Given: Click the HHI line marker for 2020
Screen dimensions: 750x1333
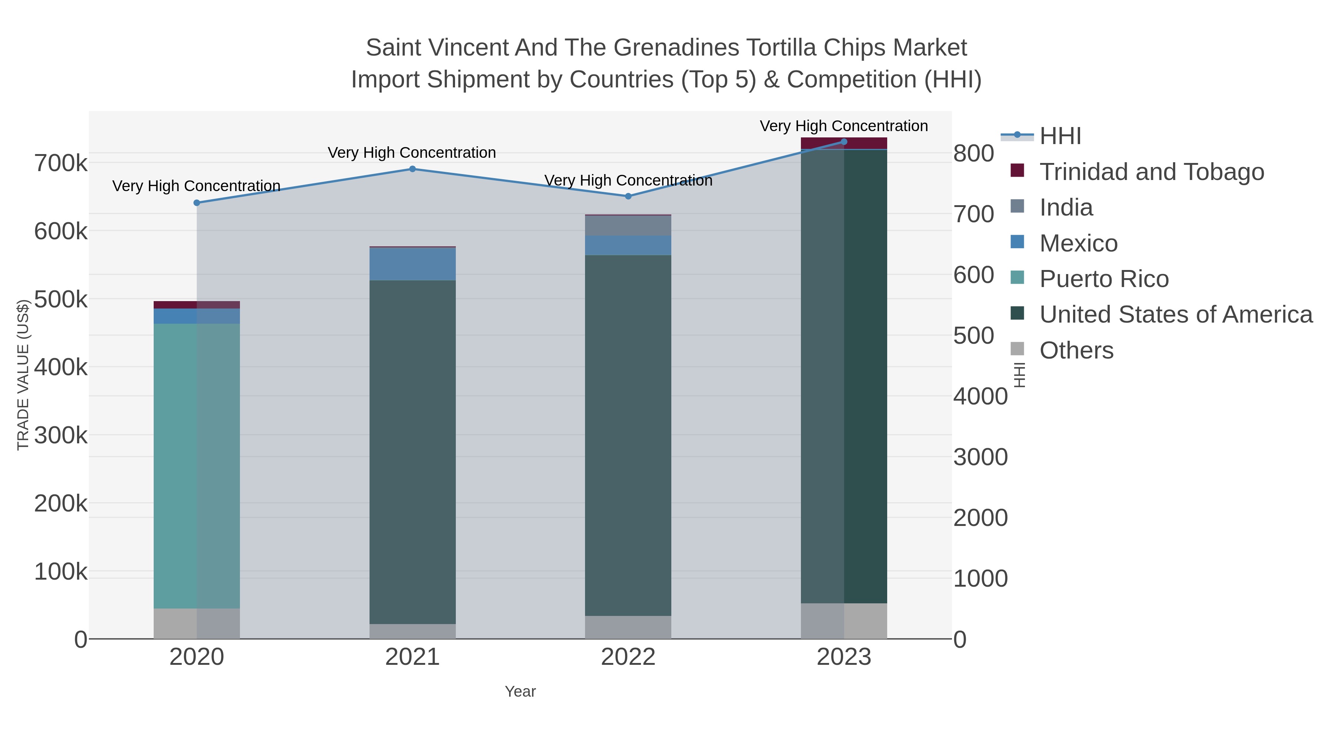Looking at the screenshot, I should click(197, 203).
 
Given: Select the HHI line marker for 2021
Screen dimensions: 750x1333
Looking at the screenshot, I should click(412, 169).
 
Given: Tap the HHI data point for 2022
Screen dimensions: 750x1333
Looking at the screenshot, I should click(628, 196).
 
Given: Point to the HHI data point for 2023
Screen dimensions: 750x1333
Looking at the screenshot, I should click(844, 142).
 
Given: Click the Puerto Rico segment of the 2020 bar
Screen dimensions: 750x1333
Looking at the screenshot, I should click(197, 466).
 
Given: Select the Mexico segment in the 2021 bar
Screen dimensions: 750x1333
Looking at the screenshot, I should click(412, 264).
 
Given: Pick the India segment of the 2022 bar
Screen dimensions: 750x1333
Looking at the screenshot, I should click(628, 226).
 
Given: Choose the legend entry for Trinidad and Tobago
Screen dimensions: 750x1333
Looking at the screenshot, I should click(1151, 172).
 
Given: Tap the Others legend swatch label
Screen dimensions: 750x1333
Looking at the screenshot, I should click(1076, 350).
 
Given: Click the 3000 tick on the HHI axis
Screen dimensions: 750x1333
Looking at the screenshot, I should click(980, 457).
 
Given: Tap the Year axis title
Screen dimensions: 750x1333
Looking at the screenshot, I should click(520, 691).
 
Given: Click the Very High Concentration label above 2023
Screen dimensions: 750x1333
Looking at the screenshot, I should click(843, 126).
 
